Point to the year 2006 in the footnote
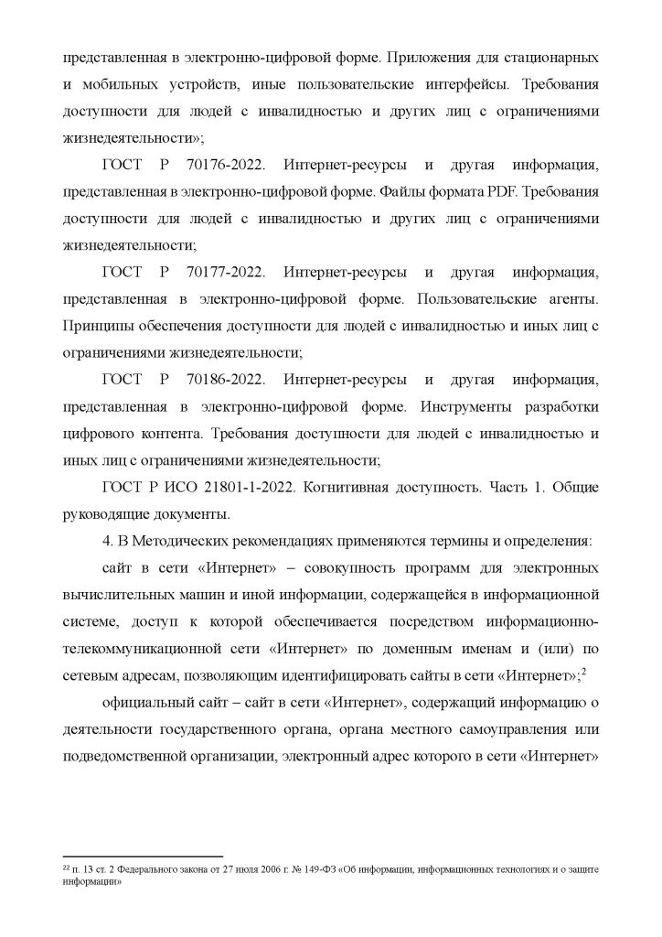point(213,864)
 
